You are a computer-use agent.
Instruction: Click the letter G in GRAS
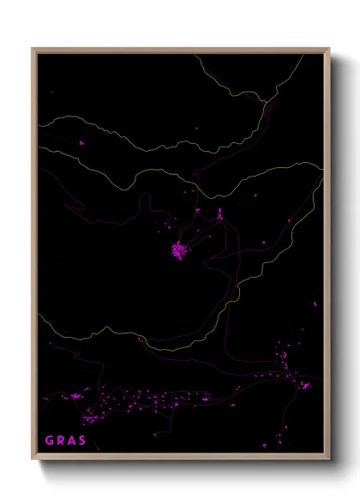click(50, 441)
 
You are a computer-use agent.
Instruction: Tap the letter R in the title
click(62, 441)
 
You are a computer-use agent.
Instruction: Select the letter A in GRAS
click(73, 441)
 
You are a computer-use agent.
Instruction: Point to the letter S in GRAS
click(83, 441)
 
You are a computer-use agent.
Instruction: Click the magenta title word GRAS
click(66, 441)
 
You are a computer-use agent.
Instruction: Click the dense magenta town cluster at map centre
click(179, 250)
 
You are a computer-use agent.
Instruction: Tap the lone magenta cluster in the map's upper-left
click(82, 144)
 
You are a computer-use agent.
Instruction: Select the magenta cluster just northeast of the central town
click(219, 214)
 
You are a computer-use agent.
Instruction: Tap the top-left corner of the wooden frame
click(33, 49)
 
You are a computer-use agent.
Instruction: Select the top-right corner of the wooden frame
click(329, 49)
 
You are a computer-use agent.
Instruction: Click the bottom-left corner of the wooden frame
click(33, 460)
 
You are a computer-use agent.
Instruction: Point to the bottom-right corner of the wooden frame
click(329, 460)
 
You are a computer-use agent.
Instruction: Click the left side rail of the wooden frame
click(34, 257)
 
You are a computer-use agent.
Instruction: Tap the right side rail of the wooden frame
click(327, 257)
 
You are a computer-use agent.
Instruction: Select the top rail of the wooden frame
click(180, 51)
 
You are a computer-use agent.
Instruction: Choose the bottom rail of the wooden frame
click(180, 459)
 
